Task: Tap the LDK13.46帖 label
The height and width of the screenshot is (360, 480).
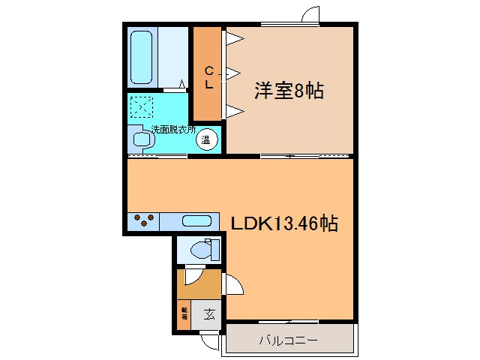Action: tap(283, 223)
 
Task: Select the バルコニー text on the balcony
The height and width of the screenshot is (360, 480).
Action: tap(288, 340)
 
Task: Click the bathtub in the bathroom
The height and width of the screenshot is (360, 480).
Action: tap(143, 58)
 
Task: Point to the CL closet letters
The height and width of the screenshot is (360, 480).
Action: tap(209, 78)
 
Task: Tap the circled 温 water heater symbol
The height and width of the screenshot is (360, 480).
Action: tap(207, 138)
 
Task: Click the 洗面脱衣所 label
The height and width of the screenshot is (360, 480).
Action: tap(173, 129)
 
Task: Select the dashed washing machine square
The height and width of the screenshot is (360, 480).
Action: tap(140, 108)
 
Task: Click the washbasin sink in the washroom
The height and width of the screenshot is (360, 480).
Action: tap(140, 138)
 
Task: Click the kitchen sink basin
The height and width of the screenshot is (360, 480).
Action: tap(196, 221)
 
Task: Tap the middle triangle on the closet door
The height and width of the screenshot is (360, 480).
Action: tap(233, 73)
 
